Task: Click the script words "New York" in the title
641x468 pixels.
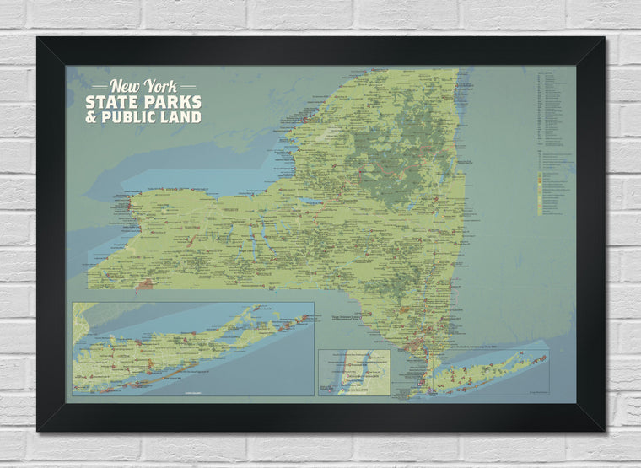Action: coord(143,86)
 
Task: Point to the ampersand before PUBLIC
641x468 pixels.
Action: coord(90,116)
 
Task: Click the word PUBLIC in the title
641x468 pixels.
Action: coord(127,116)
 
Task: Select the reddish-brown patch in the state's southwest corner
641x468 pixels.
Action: coord(144,285)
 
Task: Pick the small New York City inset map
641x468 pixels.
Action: coord(353,372)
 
